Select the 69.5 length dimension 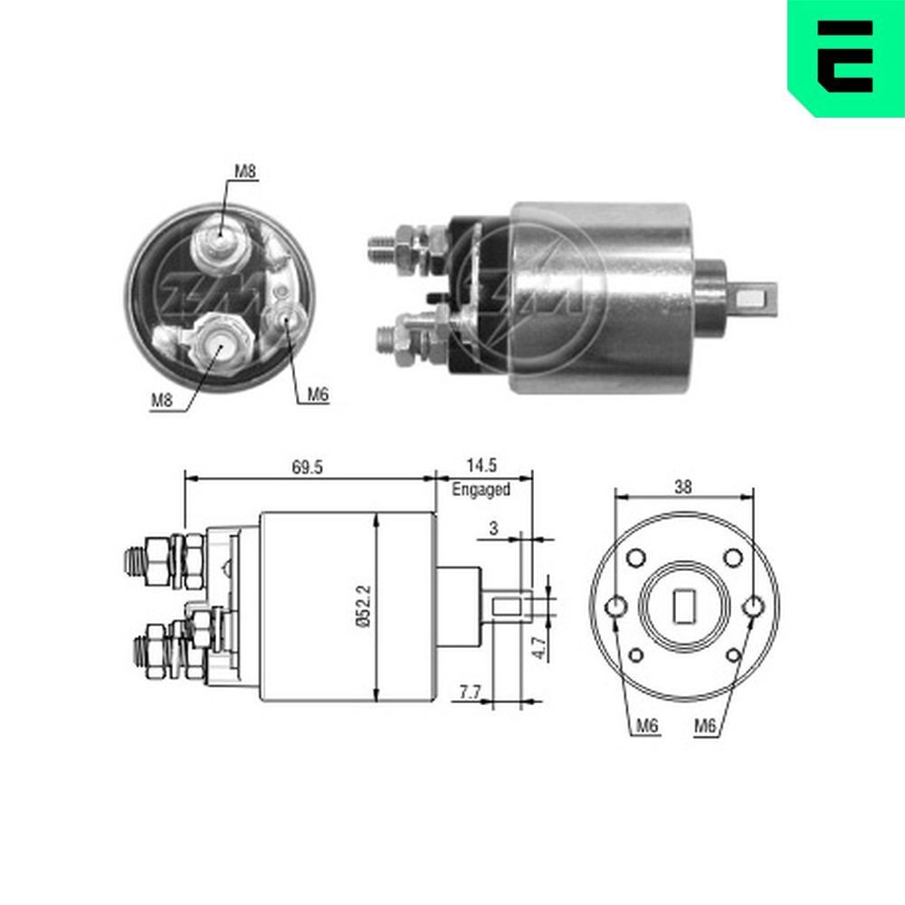click(308, 467)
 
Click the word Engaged click(481, 489)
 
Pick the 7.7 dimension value click(469, 692)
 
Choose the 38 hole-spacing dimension click(683, 486)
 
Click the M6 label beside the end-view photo click(316, 394)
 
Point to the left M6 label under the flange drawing click(645, 725)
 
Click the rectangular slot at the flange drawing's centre click(684, 605)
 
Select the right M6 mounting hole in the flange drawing click(753, 605)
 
